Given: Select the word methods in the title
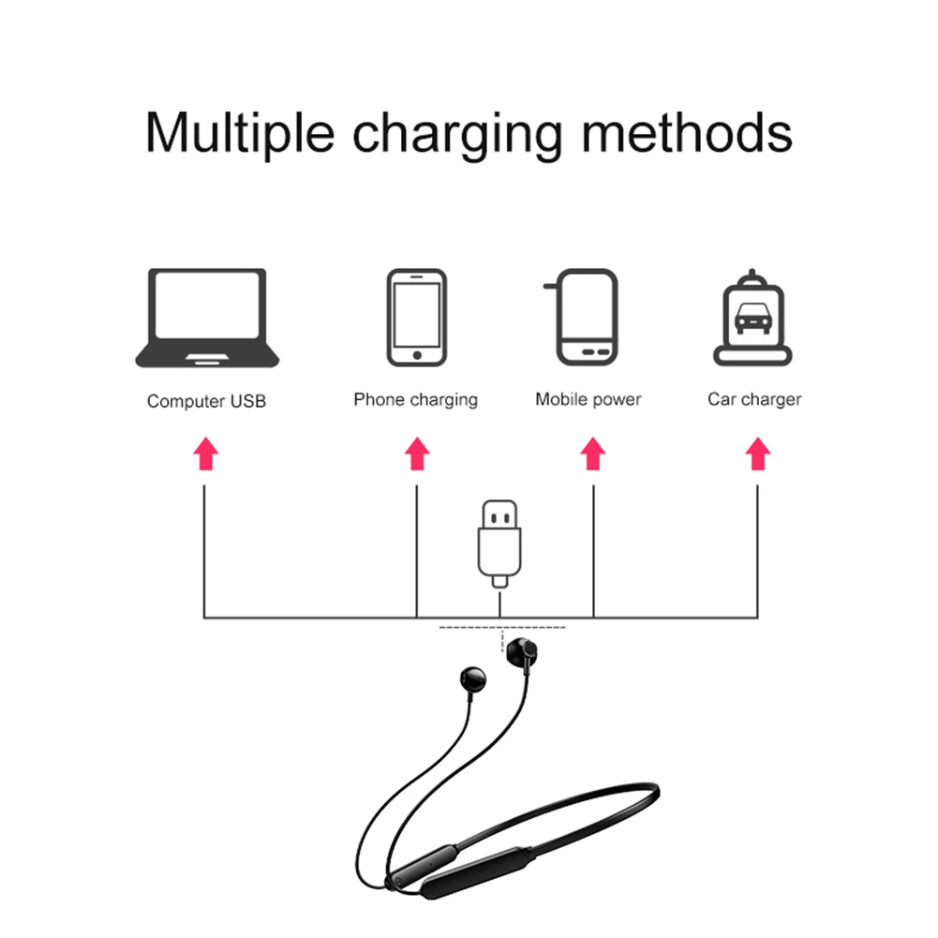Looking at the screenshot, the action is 687,133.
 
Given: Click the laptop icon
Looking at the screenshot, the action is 207,318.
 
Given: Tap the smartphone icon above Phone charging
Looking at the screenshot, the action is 415,318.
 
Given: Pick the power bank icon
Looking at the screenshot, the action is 587,318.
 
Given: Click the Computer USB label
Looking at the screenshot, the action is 206,401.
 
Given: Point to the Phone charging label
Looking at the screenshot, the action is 415,400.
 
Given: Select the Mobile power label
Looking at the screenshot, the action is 588,399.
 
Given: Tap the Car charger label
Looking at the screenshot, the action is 754,399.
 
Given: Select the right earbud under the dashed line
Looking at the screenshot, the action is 519,650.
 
